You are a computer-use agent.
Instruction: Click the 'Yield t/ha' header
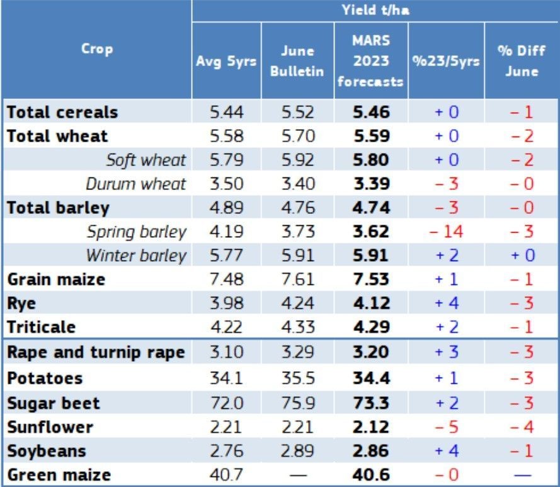(x=375, y=10)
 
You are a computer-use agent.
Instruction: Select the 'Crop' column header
(x=97, y=49)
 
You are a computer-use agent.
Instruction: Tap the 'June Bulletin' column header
(x=297, y=62)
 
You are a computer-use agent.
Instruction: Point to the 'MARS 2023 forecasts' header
(x=371, y=62)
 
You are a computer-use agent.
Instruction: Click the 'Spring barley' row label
(x=137, y=232)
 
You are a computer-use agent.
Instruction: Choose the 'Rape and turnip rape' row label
(x=96, y=352)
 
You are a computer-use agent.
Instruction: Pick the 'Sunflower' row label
(x=50, y=427)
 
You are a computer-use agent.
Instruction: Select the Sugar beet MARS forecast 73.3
(x=371, y=403)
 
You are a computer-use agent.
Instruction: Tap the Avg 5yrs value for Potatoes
(x=225, y=379)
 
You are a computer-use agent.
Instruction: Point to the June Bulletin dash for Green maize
(x=297, y=476)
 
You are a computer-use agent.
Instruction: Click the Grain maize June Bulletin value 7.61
(x=297, y=279)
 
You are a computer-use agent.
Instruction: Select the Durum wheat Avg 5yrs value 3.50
(x=225, y=184)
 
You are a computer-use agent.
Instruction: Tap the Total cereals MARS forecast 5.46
(x=371, y=113)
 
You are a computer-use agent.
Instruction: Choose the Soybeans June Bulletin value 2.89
(x=297, y=451)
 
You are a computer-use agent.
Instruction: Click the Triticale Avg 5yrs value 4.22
(x=225, y=327)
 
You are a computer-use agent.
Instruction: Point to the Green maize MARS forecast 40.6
(x=371, y=476)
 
